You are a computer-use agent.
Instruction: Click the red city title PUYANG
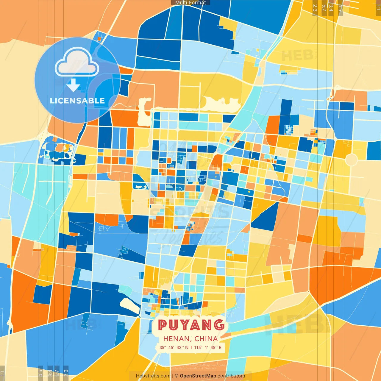click(191, 325)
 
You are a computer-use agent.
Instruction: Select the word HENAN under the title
click(177, 339)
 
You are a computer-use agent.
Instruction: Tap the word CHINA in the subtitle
click(206, 339)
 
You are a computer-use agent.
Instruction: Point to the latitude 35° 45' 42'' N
click(174, 347)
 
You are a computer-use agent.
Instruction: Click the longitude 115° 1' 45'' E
click(208, 347)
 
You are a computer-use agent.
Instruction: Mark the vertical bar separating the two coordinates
click(191, 347)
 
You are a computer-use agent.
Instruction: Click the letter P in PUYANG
click(163, 325)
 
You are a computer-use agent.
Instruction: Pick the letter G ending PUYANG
click(219, 325)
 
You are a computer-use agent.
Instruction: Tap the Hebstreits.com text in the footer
click(153, 376)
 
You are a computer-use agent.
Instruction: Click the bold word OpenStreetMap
click(198, 376)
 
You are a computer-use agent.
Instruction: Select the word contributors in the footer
click(231, 376)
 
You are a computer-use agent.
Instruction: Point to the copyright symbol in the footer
click(177, 376)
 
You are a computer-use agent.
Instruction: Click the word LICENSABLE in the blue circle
click(77, 101)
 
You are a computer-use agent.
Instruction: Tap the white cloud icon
click(77, 63)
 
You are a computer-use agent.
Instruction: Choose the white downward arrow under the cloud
click(73, 85)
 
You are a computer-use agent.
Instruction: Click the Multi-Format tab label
click(190, 3)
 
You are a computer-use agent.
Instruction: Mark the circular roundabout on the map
click(351, 160)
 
